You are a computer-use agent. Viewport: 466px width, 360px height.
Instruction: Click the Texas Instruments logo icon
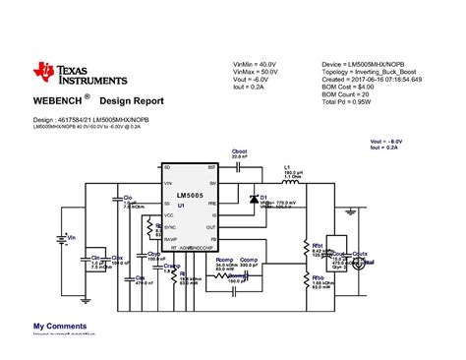(x=46, y=71)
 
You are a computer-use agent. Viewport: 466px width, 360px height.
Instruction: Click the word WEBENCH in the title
(x=57, y=100)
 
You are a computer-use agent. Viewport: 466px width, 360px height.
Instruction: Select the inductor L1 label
(x=288, y=167)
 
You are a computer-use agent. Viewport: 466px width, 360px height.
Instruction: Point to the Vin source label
(x=72, y=237)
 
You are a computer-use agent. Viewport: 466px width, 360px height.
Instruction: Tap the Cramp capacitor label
(x=172, y=264)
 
